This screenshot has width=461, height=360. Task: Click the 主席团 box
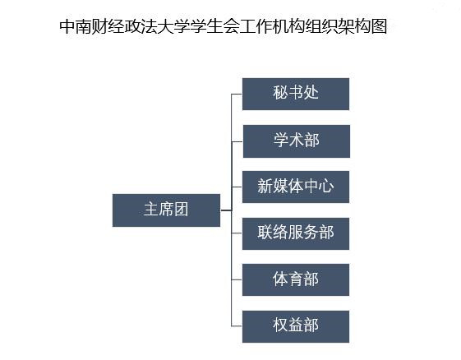(x=166, y=210)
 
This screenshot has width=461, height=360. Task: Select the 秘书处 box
(x=296, y=95)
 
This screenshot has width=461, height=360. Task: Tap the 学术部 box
(x=297, y=141)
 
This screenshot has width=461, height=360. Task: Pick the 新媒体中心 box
(x=296, y=187)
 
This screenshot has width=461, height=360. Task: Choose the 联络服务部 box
(x=296, y=233)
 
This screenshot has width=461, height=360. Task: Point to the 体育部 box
(x=296, y=279)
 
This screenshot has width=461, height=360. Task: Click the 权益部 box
(x=296, y=326)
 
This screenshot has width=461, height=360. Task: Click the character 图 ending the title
(x=379, y=26)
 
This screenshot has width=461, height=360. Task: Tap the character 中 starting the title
(x=67, y=26)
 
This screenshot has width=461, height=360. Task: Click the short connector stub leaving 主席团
(x=226, y=210)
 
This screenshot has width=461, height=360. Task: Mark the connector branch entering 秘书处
(x=237, y=95)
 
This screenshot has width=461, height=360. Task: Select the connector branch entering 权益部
(x=237, y=326)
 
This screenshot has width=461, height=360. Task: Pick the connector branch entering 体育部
(x=237, y=279)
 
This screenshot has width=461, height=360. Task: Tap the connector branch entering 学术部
(x=237, y=141)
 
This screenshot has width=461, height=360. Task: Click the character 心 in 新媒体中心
(x=326, y=187)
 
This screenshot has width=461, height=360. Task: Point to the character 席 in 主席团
(x=166, y=210)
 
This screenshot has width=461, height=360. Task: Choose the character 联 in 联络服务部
(x=265, y=233)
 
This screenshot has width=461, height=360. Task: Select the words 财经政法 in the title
(x=125, y=26)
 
